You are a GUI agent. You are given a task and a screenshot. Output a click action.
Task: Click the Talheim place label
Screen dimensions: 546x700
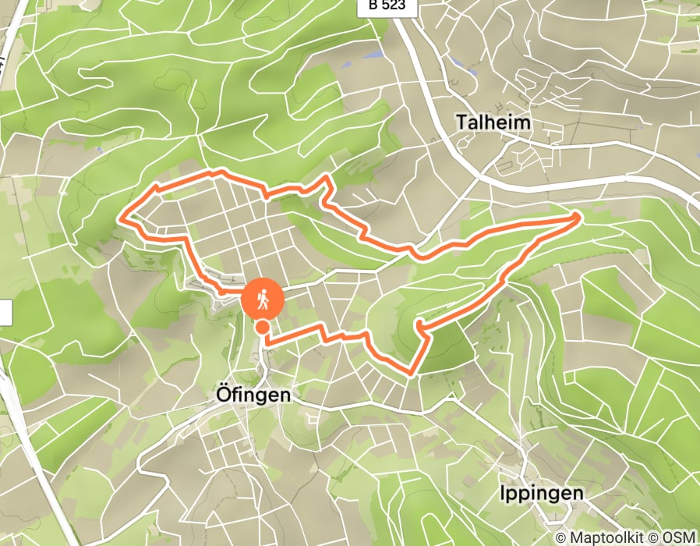[493, 122]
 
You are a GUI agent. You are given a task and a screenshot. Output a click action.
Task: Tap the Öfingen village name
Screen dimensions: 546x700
[252, 395]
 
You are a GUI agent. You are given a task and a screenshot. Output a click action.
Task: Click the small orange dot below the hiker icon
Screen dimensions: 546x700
[264, 328]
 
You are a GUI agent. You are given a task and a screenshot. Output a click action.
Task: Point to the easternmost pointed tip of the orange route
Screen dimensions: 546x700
[580, 215]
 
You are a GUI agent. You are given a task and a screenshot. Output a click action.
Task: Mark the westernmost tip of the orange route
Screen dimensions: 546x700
[122, 218]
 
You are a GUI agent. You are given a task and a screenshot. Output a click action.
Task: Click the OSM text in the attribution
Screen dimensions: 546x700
[678, 537]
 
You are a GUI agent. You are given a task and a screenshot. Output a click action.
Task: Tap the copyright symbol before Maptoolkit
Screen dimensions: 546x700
[563, 537]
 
